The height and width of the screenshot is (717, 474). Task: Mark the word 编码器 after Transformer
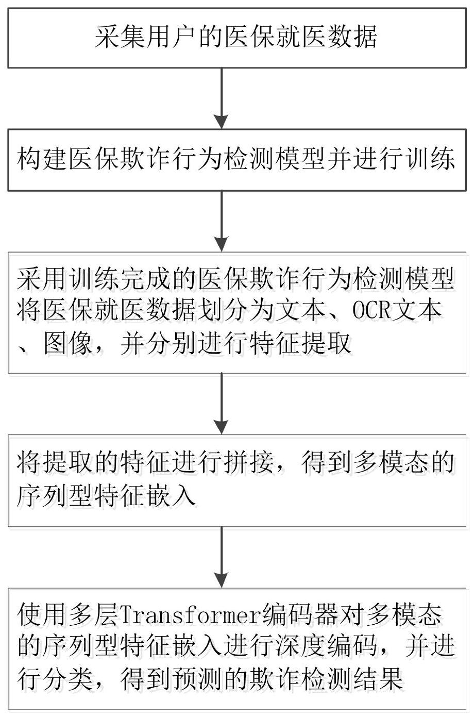[x=301, y=615]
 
